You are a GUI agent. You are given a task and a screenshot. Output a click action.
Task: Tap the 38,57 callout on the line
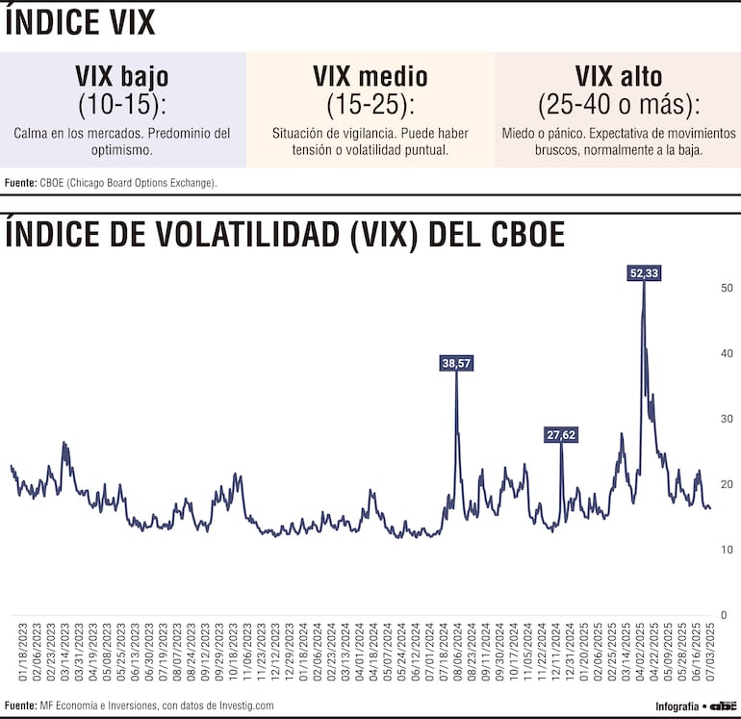[x=456, y=363]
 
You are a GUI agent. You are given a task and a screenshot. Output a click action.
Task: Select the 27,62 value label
[x=560, y=434]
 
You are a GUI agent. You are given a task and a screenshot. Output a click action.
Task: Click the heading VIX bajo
[x=122, y=76]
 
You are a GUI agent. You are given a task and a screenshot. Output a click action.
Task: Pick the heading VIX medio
[x=370, y=76]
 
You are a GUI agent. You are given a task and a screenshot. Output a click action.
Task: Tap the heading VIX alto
[x=618, y=76]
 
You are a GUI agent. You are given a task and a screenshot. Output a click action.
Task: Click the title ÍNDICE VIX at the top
[x=80, y=23]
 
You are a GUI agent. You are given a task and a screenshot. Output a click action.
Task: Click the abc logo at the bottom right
[x=723, y=706]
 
